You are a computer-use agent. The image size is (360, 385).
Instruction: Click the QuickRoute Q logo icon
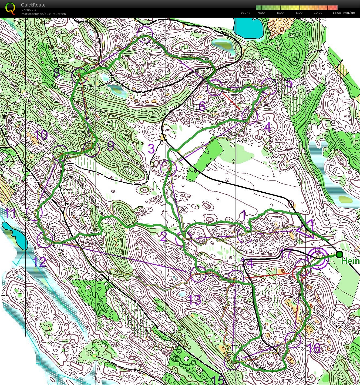point(10,8)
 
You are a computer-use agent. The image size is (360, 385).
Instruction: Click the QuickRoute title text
point(33,5)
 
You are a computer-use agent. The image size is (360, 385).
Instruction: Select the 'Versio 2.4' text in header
point(29,10)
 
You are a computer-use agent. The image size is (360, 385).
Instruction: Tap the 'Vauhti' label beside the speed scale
point(245,13)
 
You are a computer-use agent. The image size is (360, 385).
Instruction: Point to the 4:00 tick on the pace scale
point(261,13)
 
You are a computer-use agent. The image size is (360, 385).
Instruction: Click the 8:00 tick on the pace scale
point(299,13)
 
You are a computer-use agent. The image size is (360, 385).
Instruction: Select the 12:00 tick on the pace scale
point(337,13)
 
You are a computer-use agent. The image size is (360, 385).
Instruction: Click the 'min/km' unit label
point(349,13)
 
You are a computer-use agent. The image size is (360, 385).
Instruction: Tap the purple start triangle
point(306,229)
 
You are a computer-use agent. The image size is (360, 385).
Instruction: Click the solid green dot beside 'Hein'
point(339,254)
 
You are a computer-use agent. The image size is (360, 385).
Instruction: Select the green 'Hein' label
point(350,261)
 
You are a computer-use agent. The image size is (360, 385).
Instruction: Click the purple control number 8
point(57,73)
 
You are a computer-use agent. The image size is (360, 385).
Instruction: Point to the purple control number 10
point(41,135)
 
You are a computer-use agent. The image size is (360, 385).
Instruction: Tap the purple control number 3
point(151,149)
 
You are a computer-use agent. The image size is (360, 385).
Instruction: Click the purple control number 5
point(289,83)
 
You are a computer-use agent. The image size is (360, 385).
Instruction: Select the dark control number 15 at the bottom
point(218,380)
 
